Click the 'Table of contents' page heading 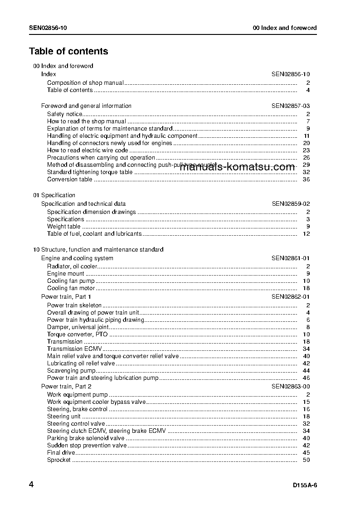tap(68, 51)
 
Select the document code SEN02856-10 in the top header tap(49, 28)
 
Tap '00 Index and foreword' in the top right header tap(285, 28)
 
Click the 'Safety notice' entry tap(65, 114)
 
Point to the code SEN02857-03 tap(291, 106)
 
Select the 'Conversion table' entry tap(69, 179)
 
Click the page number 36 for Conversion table tap(306, 179)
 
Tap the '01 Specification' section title tap(54, 195)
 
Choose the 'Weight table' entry tap(64, 227)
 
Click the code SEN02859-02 tap(291, 204)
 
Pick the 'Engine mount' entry tap(66, 274)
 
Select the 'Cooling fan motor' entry tap(71, 288)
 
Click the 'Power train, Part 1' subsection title tap(66, 297)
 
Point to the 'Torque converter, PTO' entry tap(78, 334)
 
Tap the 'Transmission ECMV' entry tap(74, 349)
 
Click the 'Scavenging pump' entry tap(71, 371)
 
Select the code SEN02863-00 tap(291, 387)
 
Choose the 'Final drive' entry tap(61, 453)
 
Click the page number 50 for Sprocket tap(306, 460)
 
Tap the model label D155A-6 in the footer tap(305, 485)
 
